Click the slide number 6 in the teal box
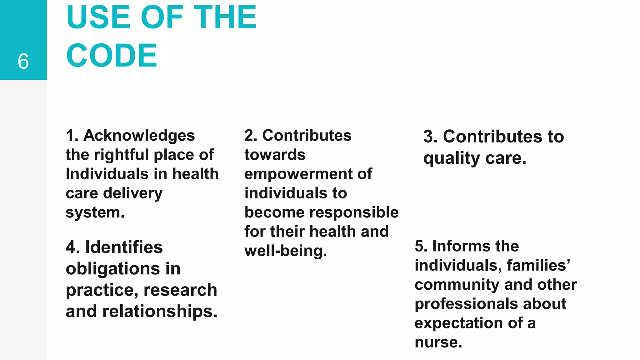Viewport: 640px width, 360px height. click(23, 61)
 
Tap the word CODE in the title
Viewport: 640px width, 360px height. click(112, 56)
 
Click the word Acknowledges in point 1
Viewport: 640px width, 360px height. click(139, 136)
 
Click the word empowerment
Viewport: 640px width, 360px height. click(298, 174)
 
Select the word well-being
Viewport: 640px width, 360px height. click(286, 251)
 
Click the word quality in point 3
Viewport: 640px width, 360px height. click(452, 158)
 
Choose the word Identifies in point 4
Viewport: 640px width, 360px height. click(124, 247)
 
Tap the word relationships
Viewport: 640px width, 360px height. click(159, 311)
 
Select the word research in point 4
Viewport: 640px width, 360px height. click(180, 290)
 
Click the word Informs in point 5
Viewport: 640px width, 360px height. click(459, 246)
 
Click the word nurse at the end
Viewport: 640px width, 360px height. click(438, 342)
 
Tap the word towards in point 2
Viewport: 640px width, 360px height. click(275, 155)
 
